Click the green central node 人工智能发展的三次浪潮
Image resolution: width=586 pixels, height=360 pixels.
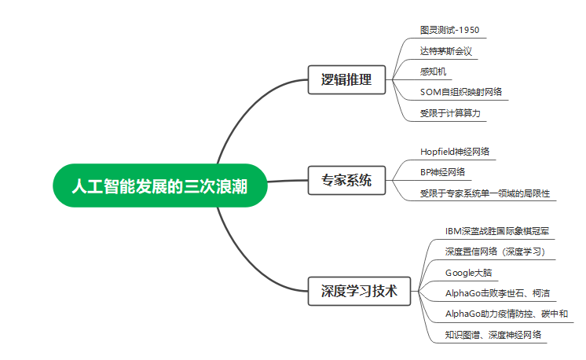pos(160,186)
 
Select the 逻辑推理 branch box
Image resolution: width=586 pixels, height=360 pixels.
pos(346,79)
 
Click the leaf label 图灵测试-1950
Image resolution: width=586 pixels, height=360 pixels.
pos(449,31)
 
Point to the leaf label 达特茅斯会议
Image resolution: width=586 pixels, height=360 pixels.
pos(445,51)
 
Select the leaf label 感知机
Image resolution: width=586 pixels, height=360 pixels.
pos(434,72)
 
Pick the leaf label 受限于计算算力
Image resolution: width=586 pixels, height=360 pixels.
pos(449,113)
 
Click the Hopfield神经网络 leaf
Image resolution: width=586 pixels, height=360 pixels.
pos(459,151)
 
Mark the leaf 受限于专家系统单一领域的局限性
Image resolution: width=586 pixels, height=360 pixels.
pos(484,193)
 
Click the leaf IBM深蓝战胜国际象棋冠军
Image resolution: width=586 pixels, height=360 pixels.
pos(496,231)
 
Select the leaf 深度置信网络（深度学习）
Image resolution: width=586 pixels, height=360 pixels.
pos(495,252)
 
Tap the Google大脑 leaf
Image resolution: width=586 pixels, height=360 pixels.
pos(470,273)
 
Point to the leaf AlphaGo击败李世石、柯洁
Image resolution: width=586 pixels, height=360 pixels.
pos(497,293)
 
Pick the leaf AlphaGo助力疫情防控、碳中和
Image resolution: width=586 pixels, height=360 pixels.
pos(506,314)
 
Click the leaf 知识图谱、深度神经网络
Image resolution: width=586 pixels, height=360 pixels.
pos(493,335)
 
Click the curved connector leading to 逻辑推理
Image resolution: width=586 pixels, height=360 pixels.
pos(236,118)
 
